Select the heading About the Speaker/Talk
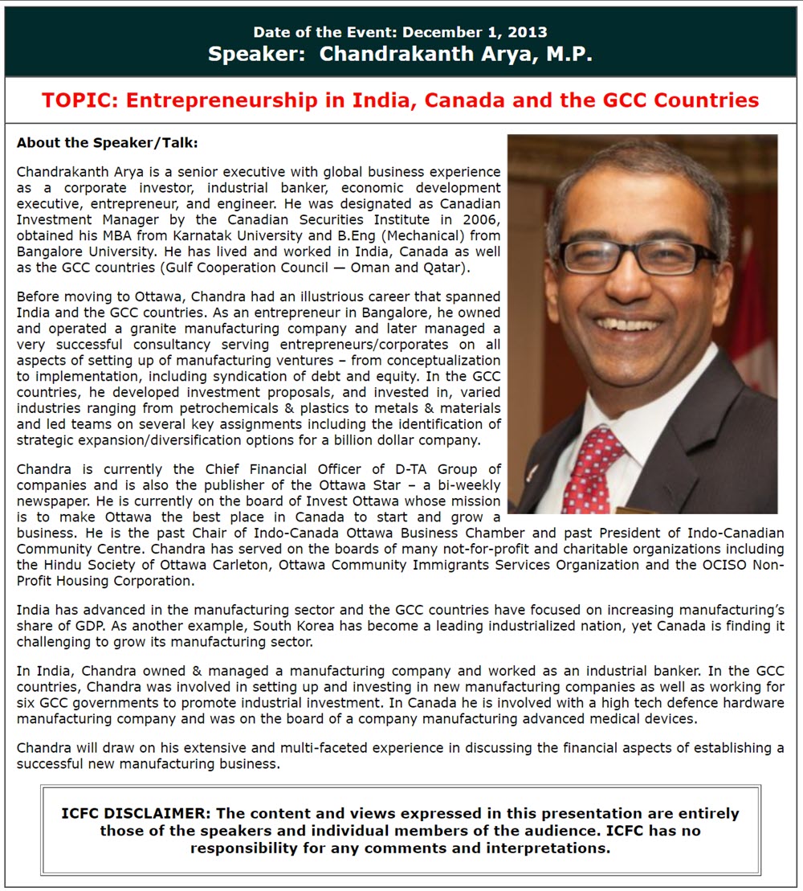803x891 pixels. pyautogui.click(x=107, y=143)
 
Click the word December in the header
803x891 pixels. pyautogui.click(x=440, y=32)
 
